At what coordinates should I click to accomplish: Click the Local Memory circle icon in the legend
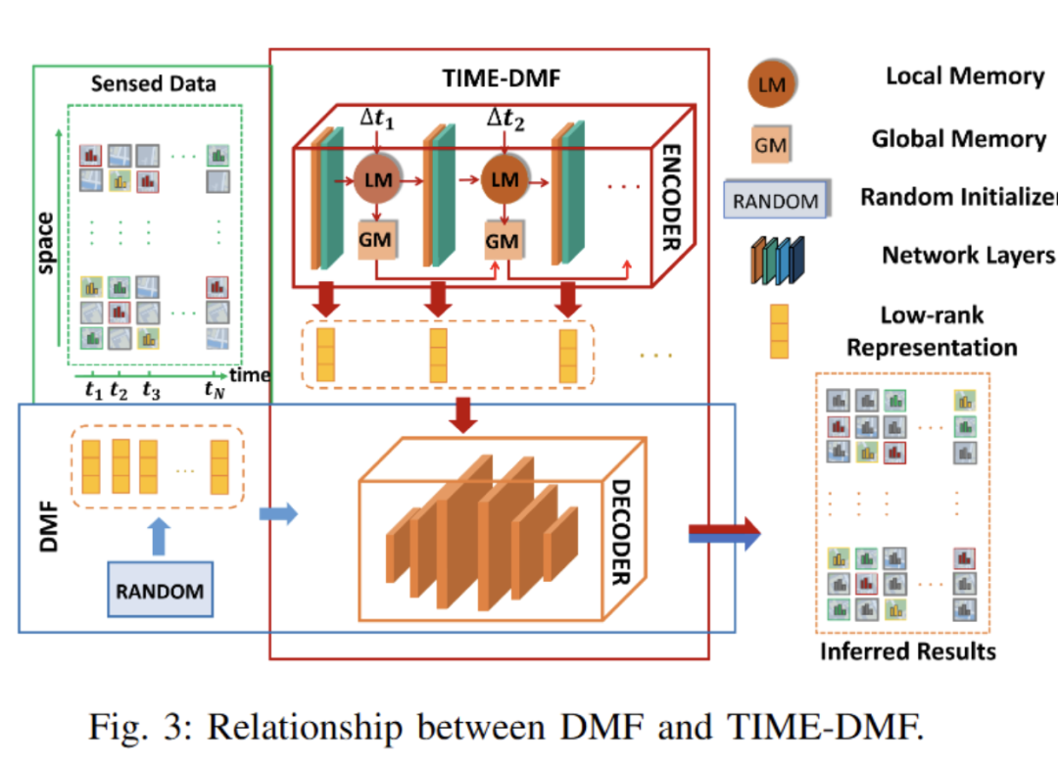click(771, 82)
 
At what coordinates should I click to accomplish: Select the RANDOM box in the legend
click(776, 201)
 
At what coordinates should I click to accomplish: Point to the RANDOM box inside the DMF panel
click(160, 590)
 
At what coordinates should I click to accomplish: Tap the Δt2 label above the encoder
click(506, 121)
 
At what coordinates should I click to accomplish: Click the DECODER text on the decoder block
click(620, 533)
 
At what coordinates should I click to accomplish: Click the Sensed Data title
click(153, 83)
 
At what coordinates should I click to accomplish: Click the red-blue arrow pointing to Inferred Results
click(724, 533)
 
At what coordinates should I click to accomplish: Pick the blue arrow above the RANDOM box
click(160, 535)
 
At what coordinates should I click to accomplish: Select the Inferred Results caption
click(908, 650)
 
